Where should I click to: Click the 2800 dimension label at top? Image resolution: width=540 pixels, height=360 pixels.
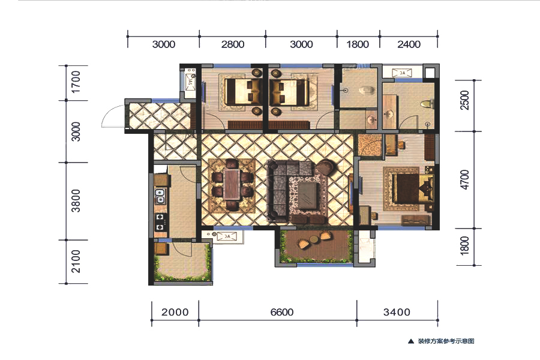point(233,44)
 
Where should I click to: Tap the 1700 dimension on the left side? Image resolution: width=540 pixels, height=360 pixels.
point(76,82)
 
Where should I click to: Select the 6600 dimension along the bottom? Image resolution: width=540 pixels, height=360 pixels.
point(282,312)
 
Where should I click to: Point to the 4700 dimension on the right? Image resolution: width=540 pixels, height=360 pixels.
point(464,179)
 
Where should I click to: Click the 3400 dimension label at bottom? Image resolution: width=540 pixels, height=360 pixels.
point(397,312)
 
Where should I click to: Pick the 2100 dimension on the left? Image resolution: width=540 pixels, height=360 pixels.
point(76,262)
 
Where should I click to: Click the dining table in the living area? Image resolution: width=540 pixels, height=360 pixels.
point(232,184)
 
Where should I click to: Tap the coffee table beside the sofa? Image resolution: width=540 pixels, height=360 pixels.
point(308,195)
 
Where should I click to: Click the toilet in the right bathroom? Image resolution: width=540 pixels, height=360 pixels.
point(427,103)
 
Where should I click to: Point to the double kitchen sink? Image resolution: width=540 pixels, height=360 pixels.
point(160,196)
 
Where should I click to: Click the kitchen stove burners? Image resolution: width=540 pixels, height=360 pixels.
point(160,222)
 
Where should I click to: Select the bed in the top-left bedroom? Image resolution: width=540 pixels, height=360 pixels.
point(243,92)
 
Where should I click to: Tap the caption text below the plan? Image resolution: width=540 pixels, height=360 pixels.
point(446,341)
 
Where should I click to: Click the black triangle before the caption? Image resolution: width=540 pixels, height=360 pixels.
point(411,341)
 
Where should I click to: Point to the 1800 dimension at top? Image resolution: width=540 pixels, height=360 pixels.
point(358,44)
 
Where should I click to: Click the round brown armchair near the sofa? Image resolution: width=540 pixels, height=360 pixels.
point(326,167)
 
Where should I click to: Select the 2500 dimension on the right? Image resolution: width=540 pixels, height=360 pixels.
point(464,100)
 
